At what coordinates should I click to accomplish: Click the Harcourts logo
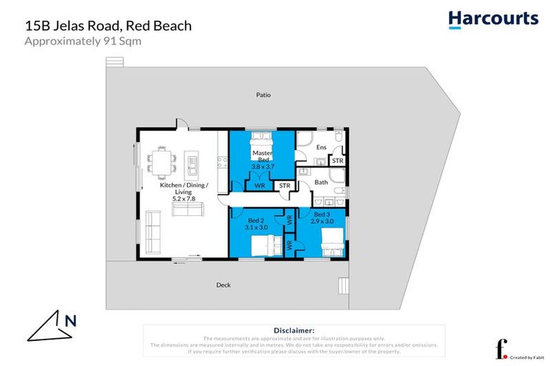pyautogui.click(x=493, y=19)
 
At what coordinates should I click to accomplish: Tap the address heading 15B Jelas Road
pyautogui.click(x=107, y=26)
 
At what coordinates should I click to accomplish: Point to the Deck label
pyautogui.click(x=223, y=285)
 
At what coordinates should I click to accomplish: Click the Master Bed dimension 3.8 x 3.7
pyautogui.click(x=262, y=167)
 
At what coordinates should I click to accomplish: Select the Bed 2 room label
pyautogui.click(x=254, y=220)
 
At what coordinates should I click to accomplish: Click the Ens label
pyautogui.click(x=321, y=148)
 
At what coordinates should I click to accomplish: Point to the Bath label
pyautogui.click(x=322, y=183)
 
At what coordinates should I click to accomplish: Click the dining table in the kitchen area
pyautogui.click(x=162, y=161)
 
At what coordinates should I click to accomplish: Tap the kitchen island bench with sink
pyautogui.click(x=192, y=164)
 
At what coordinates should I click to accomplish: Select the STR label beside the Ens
pyautogui.click(x=337, y=161)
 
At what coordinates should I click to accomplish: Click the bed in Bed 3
pyautogui.click(x=330, y=243)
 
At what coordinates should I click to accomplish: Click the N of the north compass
pyautogui.click(x=70, y=321)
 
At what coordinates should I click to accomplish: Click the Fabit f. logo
pyautogui.click(x=501, y=350)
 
